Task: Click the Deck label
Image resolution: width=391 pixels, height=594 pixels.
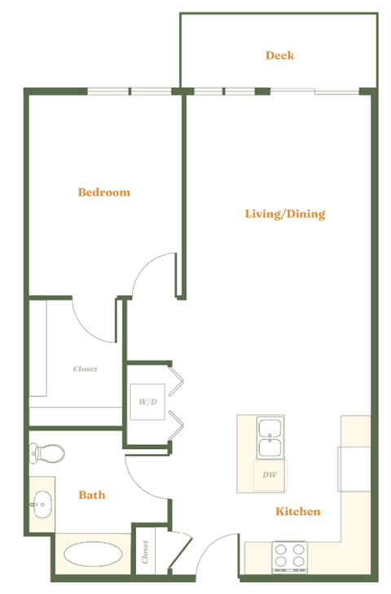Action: [279, 55]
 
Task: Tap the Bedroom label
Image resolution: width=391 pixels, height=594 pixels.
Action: [103, 192]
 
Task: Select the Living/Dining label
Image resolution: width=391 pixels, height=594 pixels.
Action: [285, 214]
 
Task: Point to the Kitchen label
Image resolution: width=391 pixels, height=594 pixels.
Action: [297, 512]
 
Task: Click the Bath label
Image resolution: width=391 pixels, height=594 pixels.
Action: [91, 495]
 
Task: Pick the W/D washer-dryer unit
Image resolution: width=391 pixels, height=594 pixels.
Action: [148, 402]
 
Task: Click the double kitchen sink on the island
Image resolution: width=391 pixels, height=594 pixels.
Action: [270, 438]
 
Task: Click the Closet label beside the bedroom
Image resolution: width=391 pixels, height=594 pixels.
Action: [86, 369]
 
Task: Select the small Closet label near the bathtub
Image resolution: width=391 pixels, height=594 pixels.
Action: [144, 555]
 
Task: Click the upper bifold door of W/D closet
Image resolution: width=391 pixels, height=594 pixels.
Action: [177, 379]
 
